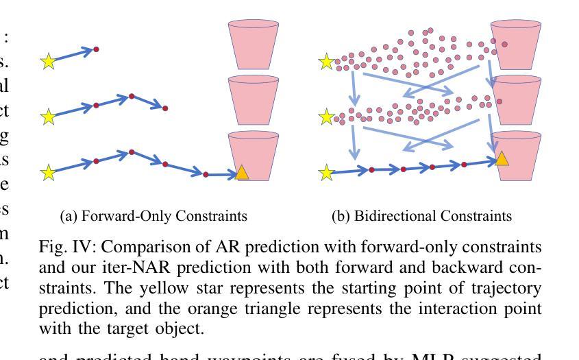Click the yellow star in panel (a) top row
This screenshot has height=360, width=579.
coord(48,62)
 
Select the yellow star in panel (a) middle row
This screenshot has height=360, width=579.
coord(48,117)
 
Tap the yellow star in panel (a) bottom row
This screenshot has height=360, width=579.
coord(48,172)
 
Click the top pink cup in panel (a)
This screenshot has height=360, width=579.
coord(254,45)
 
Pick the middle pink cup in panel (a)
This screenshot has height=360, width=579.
coord(254,99)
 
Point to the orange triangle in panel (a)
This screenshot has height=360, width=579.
coord(242,173)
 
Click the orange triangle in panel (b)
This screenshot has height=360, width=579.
coord(502,159)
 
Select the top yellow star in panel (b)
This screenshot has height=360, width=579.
coord(327,63)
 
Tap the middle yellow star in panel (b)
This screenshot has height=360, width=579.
coord(327,118)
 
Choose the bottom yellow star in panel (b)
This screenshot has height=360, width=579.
coord(327,173)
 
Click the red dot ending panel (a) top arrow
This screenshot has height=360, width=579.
coord(96,49)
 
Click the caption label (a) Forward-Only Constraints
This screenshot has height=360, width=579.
coord(153,216)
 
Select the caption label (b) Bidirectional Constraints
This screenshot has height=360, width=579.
coord(421,216)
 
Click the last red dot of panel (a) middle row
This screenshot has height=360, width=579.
coord(165,108)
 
